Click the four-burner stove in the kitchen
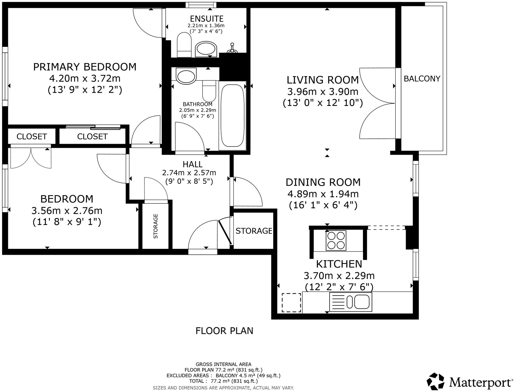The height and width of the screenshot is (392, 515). (336, 241)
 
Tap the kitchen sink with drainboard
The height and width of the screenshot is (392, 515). (351, 302)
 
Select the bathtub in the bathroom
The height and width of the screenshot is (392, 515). (232, 115)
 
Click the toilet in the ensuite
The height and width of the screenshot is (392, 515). (185, 45)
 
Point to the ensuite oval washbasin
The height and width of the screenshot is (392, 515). (206, 49)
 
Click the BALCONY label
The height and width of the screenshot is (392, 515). (422, 79)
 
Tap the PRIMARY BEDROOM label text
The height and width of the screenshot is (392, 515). (85, 67)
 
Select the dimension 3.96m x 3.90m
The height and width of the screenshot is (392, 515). (323, 92)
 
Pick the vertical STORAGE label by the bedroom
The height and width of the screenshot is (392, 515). (156, 226)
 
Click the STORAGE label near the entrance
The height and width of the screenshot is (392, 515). (254, 231)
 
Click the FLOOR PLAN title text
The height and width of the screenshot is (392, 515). (224, 331)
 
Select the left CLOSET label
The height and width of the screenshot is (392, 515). (32, 136)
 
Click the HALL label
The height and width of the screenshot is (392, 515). (193, 164)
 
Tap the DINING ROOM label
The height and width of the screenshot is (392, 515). (323, 182)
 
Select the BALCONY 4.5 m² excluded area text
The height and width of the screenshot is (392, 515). (247, 375)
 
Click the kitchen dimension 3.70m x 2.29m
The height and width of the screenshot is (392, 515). (339, 276)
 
